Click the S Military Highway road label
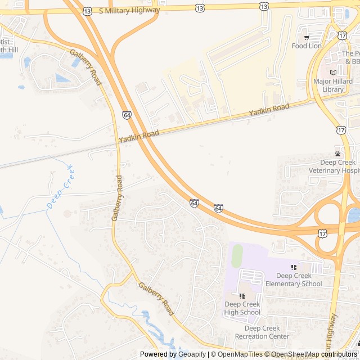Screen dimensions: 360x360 click(129, 10)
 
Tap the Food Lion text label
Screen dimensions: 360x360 click(307, 46)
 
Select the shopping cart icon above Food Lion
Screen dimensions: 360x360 click(307, 37)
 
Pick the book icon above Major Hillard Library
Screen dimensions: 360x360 click(333, 72)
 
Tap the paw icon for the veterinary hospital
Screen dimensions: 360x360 click(337, 154)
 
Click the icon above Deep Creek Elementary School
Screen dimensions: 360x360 click(294, 267)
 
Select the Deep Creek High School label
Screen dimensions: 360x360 click(242, 308)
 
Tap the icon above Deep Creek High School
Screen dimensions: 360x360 click(242, 296)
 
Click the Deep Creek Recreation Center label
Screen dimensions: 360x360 click(262, 332)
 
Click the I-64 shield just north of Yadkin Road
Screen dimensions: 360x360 click(127, 115)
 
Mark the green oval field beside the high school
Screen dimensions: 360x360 click(237, 256)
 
